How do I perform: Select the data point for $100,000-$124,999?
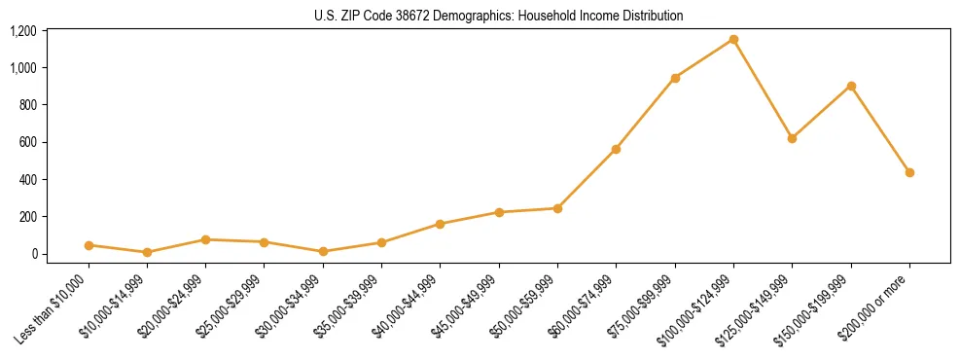[x=733, y=40]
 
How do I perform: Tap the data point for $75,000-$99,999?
[x=675, y=78]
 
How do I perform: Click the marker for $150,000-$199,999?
[x=851, y=86]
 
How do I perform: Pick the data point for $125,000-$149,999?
[x=792, y=138]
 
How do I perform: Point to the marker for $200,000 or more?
[x=909, y=172]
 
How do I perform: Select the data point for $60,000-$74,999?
[x=616, y=149]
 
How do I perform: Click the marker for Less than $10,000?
[x=89, y=245]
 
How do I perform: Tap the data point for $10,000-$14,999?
[x=147, y=252]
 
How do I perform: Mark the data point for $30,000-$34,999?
[x=323, y=251]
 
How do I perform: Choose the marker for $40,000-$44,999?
[x=440, y=224]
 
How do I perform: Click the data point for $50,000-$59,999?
[x=557, y=208]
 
